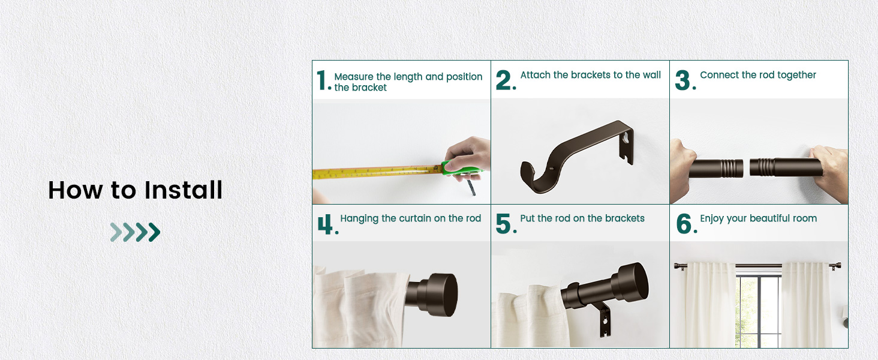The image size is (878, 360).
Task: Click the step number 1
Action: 322,80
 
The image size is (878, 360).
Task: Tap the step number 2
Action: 504,80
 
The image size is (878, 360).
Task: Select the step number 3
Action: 683,80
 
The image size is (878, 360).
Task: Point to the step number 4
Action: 325,224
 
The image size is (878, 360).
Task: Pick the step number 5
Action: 504,224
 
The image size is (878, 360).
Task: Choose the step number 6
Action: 684,224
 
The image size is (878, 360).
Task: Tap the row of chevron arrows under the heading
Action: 135,232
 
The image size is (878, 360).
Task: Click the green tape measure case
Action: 459,170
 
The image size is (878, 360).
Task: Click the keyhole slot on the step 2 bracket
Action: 627,137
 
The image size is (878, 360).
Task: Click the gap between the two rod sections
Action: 747,167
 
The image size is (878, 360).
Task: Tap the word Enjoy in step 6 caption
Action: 712,218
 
